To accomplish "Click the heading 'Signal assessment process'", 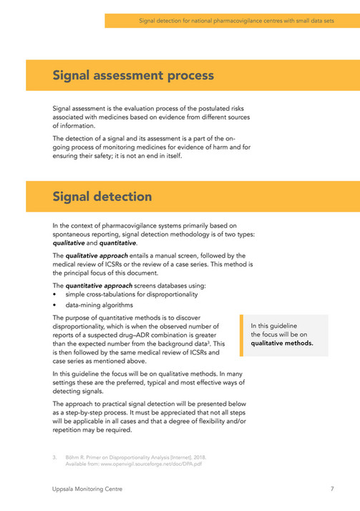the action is [132, 75].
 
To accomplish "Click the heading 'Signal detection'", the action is [102, 196].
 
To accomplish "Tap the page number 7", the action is [333, 489].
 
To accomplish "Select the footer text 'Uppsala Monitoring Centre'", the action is [83, 489].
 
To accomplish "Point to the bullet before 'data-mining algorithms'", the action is [55, 304].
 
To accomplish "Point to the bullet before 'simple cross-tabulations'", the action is [55, 294].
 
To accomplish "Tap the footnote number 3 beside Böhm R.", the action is [54, 456].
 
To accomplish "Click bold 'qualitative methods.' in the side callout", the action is [282, 342].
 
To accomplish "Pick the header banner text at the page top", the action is [236, 21].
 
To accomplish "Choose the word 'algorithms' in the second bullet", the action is [116, 304].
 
